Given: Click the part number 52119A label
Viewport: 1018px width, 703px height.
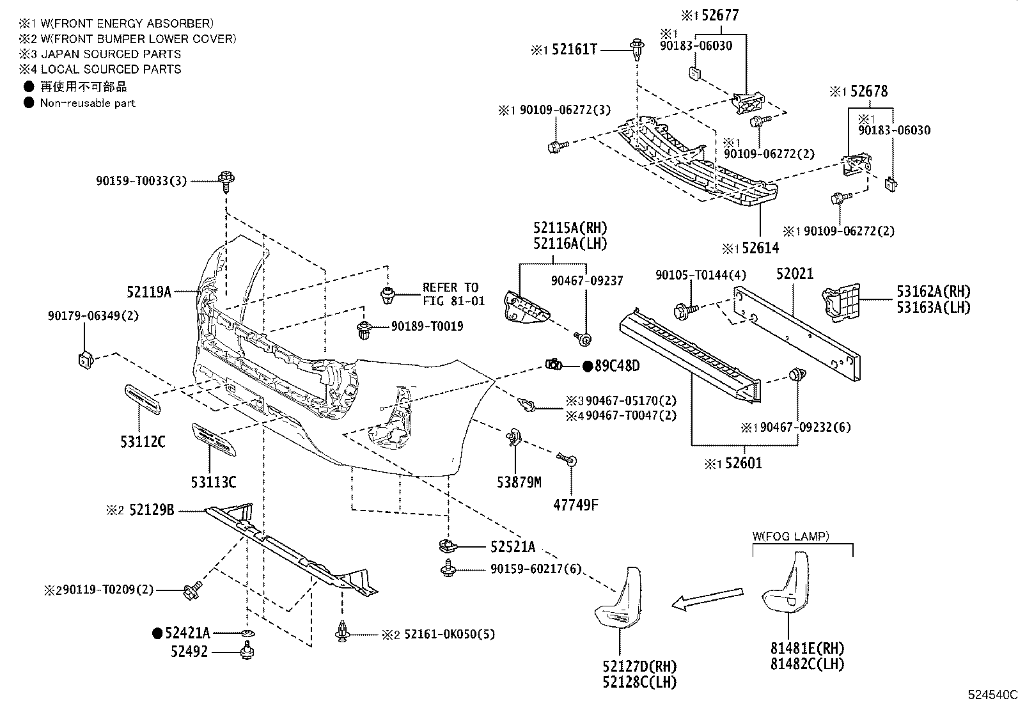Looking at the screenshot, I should click(x=149, y=292).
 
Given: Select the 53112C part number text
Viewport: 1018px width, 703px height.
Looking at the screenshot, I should click(x=142, y=441).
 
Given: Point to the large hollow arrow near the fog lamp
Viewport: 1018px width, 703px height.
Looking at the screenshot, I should click(x=709, y=598).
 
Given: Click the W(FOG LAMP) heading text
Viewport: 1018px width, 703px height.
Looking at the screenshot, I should click(x=791, y=536).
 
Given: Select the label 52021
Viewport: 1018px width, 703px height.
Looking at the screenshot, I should click(x=795, y=273).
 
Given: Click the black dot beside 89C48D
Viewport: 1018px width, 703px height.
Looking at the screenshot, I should click(x=588, y=367).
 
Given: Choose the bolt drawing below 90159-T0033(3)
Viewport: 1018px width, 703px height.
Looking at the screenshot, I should click(x=226, y=181).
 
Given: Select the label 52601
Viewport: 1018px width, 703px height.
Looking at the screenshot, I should click(x=742, y=462).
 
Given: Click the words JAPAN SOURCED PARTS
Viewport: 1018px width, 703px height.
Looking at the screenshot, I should click(x=111, y=54).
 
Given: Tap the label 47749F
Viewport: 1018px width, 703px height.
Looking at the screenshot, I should click(x=576, y=505).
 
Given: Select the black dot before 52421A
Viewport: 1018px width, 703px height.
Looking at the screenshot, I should click(x=157, y=633).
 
